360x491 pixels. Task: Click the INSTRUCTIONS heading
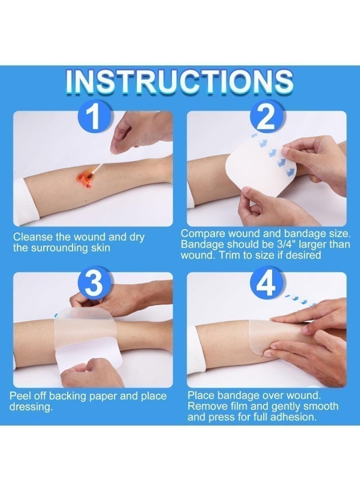coord(179,81)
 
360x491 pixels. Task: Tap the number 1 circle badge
coord(94,117)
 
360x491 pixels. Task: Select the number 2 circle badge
coord(266,117)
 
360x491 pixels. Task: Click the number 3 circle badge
coord(94,283)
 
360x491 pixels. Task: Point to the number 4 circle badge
coord(266,283)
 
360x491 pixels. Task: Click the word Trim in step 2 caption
coord(230,255)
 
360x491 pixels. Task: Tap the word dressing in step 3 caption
coord(31,408)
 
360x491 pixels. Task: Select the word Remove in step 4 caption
coord(207,406)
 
